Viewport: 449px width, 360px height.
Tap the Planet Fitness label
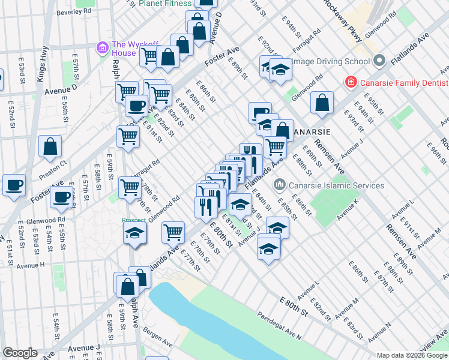165,4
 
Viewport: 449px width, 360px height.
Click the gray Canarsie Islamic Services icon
279,184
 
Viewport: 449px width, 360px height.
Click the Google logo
20,353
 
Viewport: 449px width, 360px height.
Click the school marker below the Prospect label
135,233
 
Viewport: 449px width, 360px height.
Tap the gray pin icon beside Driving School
379,61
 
